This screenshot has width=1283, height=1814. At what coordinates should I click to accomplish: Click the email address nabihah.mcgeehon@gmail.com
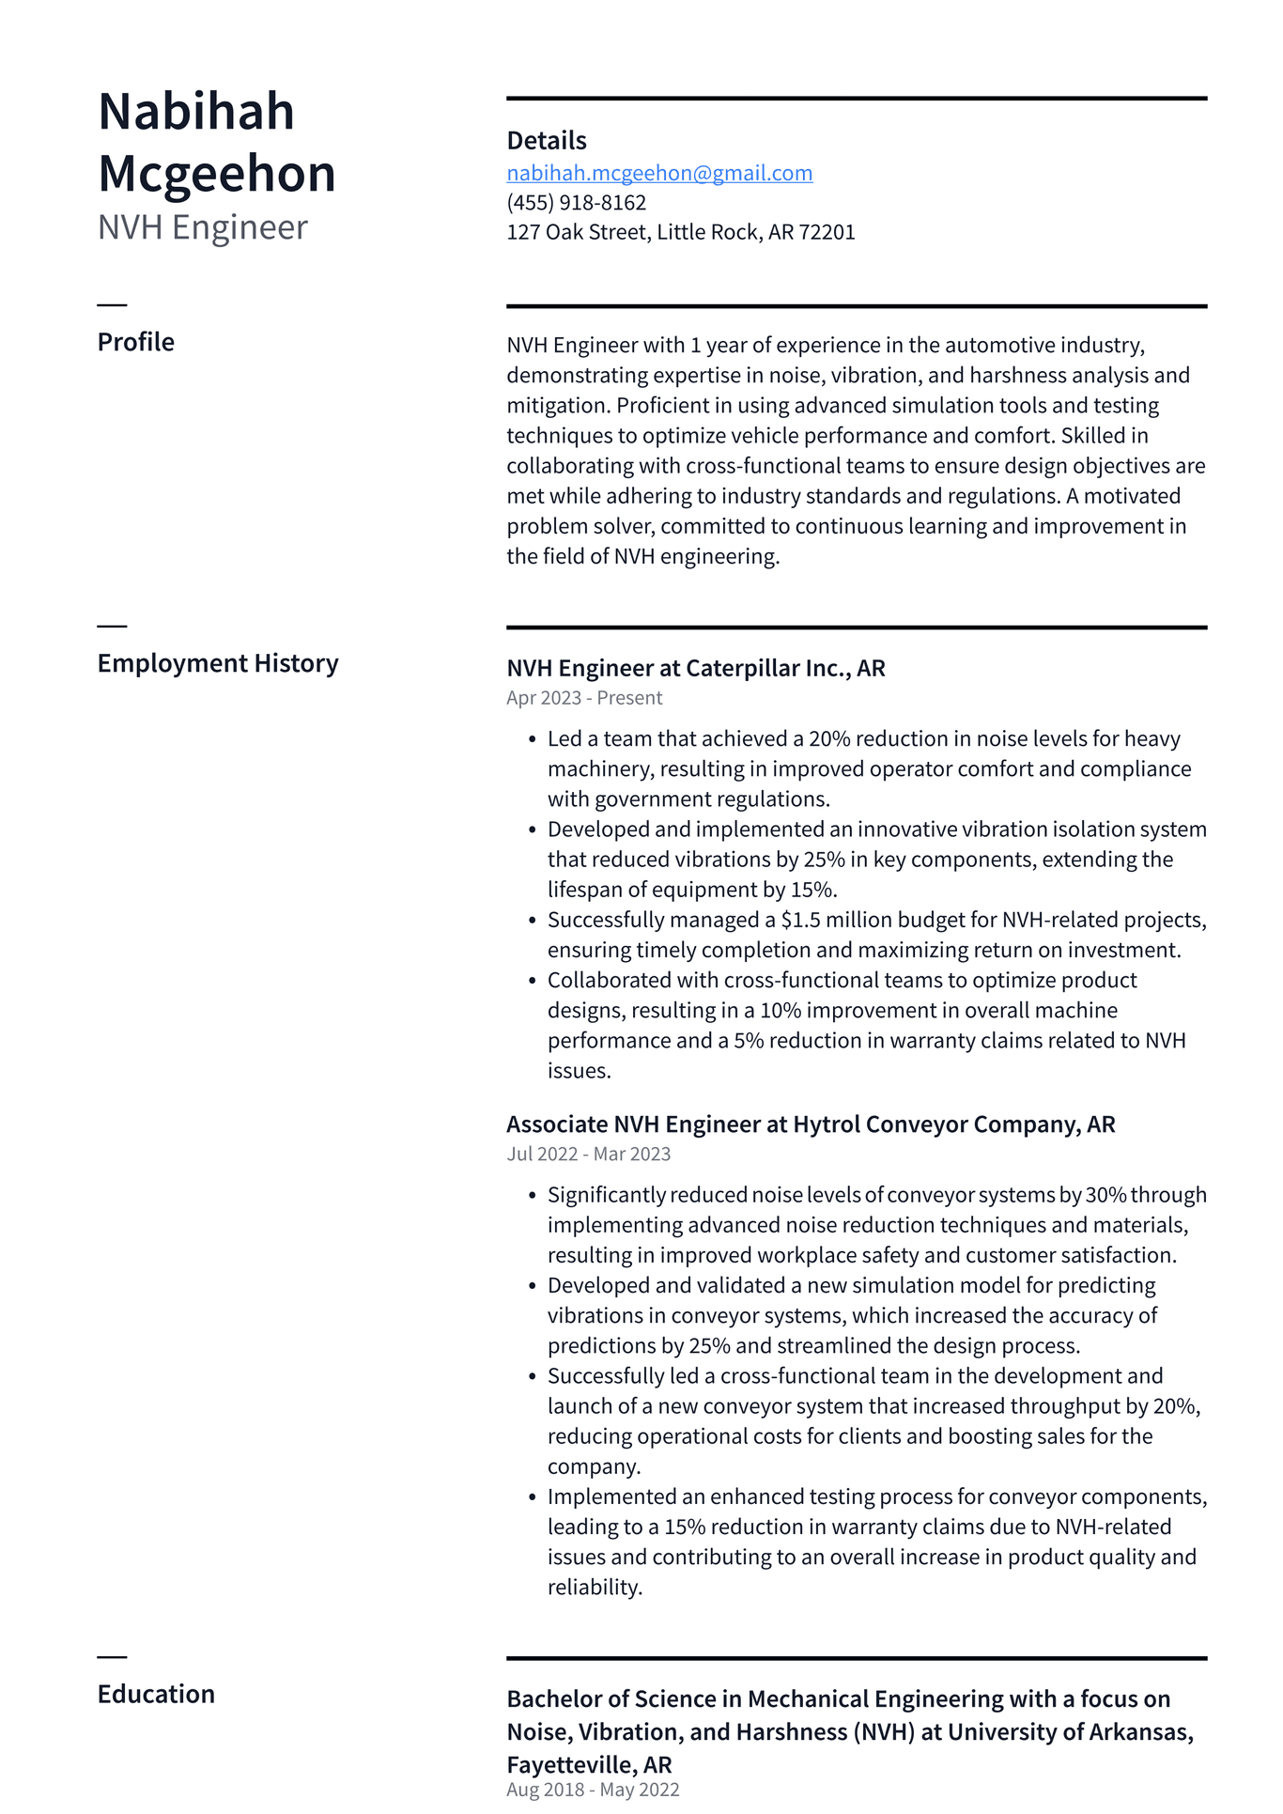pyautogui.click(x=659, y=173)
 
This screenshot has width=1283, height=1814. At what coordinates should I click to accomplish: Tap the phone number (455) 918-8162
pyautogui.click(x=576, y=203)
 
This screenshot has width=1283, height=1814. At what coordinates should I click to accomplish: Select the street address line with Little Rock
pyautogui.click(x=680, y=232)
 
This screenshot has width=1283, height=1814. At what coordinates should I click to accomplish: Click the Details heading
pyautogui.click(x=546, y=141)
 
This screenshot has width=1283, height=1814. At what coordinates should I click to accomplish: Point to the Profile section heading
pyautogui.click(x=135, y=342)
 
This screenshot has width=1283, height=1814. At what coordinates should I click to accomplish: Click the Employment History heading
pyautogui.click(x=217, y=663)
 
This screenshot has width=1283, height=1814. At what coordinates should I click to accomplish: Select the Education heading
pyautogui.click(x=156, y=1694)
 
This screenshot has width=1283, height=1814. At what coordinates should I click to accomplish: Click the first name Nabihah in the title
pyautogui.click(x=196, y=111)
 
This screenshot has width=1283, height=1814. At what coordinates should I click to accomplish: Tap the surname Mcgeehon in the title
pyautogui.click(x=216, y=174)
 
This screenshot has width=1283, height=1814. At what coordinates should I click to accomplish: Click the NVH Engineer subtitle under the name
pyautogui.click(x=202, y=227)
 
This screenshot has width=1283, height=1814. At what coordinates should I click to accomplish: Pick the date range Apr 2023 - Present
pyautogui.click(x=583, y=698)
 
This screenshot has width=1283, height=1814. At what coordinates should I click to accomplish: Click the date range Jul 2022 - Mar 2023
pyautogui.click(x=588, y=1154)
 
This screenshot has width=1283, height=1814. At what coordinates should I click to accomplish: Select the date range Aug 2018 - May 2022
pyautogui.click(x=592, y=1790)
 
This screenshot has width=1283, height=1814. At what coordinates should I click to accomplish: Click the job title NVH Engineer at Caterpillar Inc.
pyautogui.click(x=695, y=668)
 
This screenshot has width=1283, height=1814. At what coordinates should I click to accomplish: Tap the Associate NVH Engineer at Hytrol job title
pyautogui.click(x=810, y=1124)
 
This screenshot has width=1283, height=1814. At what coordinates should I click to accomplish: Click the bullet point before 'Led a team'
pyautogui.click(x=532, y=740)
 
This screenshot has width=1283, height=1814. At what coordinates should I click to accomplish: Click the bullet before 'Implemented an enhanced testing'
pyautogui.click(x=532, y=1497)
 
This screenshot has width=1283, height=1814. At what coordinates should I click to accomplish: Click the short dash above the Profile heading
pyautogui.click(x=112, y=305)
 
